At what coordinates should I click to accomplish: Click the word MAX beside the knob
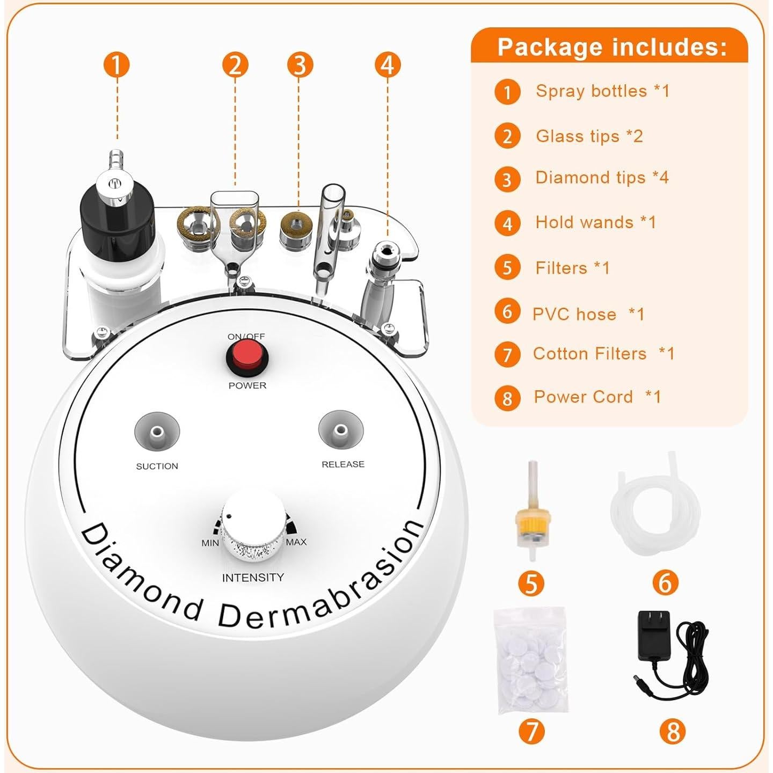[x=296, y=542]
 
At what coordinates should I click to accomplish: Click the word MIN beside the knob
[x=210, y=543]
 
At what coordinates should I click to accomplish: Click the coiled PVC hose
[x=655, y=505]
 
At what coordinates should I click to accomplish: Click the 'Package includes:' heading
[x=612, y=47]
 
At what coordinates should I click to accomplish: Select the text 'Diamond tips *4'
[x=602, y=178]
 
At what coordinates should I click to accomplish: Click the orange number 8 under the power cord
[x=673, y=732]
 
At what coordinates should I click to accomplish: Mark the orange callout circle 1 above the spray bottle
[x=116, y=65]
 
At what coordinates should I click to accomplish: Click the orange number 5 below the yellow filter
[x=531, y=583]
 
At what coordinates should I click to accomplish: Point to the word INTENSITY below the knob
[x=252, y=578]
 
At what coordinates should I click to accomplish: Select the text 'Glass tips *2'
[x=589, y=136]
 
